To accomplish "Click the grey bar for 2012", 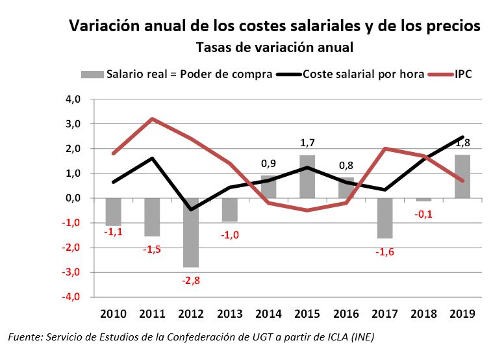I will tap(192, 232).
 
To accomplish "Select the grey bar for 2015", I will tap(307, 177).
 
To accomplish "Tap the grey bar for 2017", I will tap(384, 218).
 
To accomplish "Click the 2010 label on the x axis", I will tap(114, 314).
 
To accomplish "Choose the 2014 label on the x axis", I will tap(268, 314).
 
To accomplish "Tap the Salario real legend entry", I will tap(189, 73).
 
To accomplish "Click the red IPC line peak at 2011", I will tap(153, 119).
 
